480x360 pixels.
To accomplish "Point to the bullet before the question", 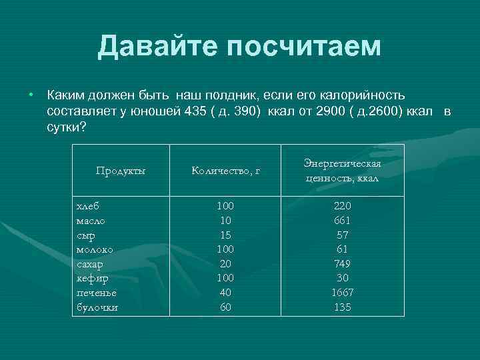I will pos(30,95).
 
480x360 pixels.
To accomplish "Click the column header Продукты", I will pos(120,171).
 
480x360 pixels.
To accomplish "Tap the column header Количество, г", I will pos(225,171).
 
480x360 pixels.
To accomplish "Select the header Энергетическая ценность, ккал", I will pos(343,171).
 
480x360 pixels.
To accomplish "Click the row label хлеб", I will pos(88,206).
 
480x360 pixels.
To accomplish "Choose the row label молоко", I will pos(95,249).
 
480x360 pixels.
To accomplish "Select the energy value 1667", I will pos(342,293).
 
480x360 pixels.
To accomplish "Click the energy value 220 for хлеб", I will pos(342,206).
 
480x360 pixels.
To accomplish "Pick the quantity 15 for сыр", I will pos(225,235).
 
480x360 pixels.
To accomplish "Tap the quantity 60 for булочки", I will pos(225,307).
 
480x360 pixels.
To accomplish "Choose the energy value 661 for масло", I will pos(342,221).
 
